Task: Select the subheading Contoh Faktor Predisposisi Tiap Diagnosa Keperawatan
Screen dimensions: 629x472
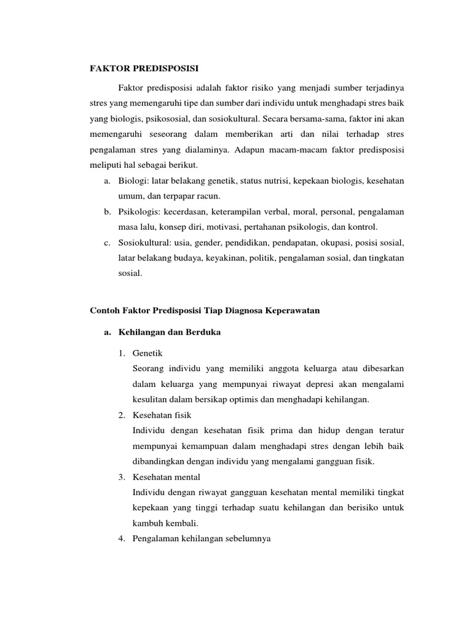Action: point(205,311)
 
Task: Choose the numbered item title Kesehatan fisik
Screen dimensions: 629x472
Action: point(161,415)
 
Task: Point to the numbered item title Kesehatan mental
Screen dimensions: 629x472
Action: point(166,477)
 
